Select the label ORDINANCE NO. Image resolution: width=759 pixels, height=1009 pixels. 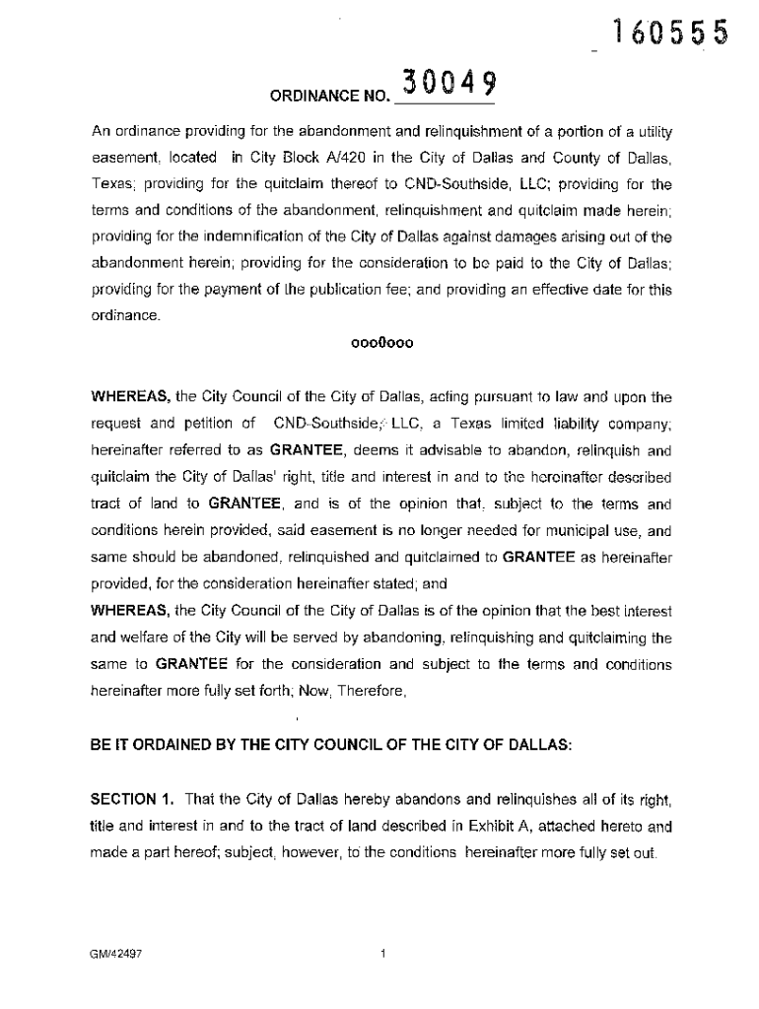coord(328,96)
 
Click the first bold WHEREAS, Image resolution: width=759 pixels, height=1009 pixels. coord(131,398)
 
